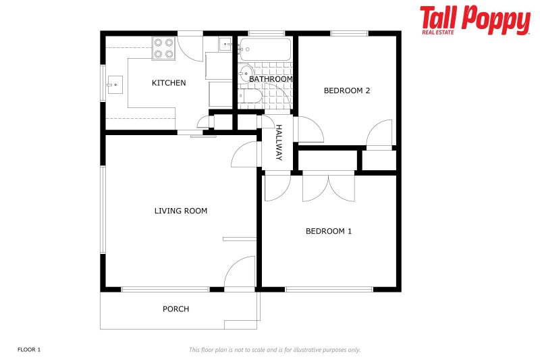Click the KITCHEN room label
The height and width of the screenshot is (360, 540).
pyautogui.click(x=168, y=83)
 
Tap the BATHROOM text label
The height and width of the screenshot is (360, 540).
pyautogui.click(x=271, y=79)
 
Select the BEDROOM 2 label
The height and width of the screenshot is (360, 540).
pyautogui.click(x=346, y=91)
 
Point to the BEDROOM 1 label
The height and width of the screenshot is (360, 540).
pyautogui.click(x=329, y=231)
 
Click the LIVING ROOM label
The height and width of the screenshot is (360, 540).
pyautogui.click(x=180, y=211)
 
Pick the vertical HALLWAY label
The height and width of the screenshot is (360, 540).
pyautogui.click(x=278, y=143)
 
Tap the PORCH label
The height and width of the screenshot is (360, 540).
pyautogui.click(x=175, y=309)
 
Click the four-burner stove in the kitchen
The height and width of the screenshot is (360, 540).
pyautogui.click(x=163, y=48)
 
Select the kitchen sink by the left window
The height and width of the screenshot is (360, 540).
pyautogui.click(x=113, y=85)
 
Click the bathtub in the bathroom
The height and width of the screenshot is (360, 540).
pyautogui.click(x=265, y=49)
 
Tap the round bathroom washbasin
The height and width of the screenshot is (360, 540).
pyautogui.click(x=246, y=74)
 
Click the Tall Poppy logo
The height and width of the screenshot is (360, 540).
pyautogui.click(x=475, y=20)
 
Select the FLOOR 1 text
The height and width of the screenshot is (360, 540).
pyautogui.click(x=29, y=349)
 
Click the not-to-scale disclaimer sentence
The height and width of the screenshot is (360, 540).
pyautogui.click(x=274, y=349)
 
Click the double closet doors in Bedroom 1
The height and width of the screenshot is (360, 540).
pyautogui.click(x=328, y=187)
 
